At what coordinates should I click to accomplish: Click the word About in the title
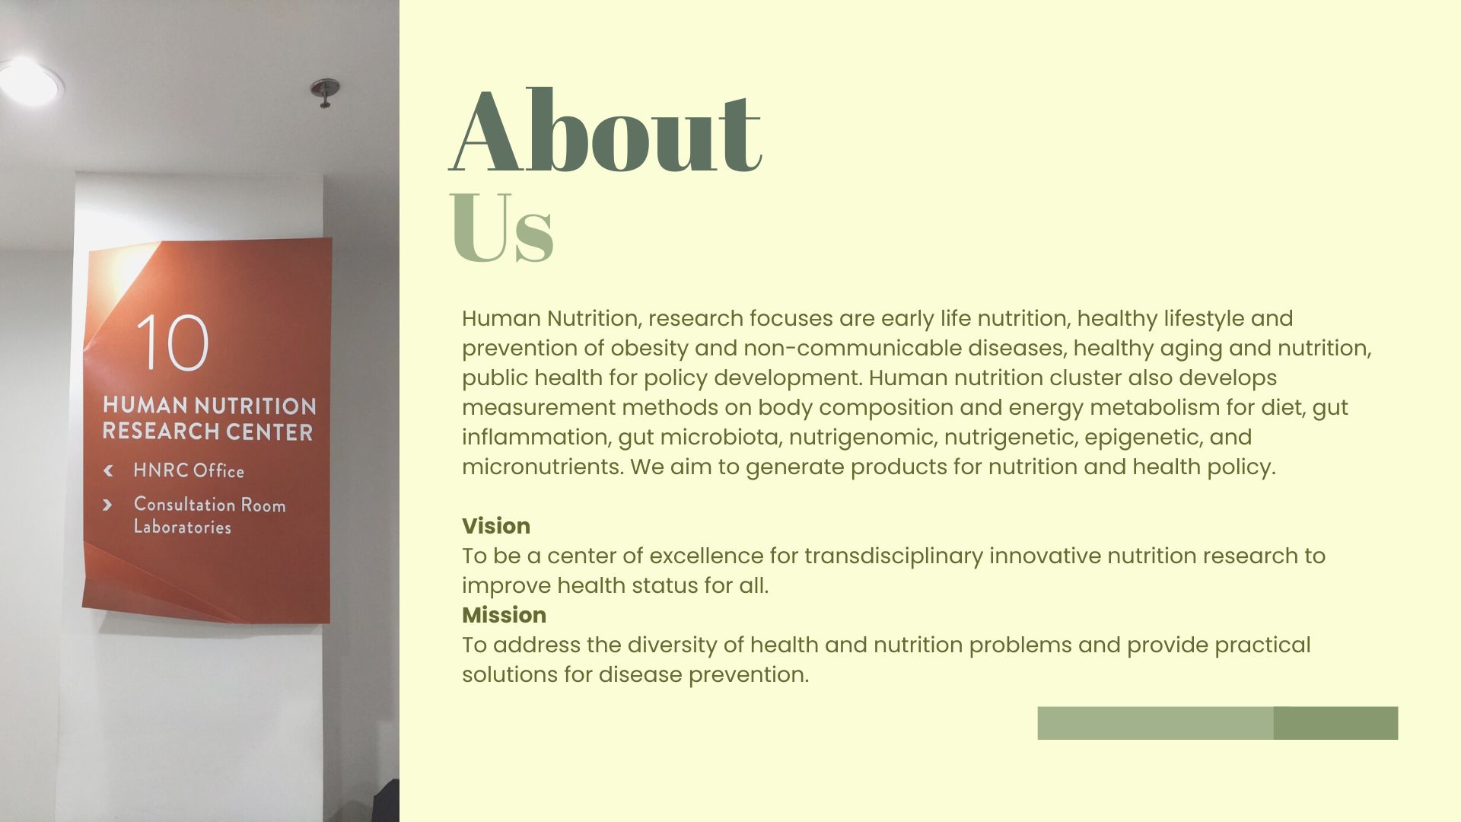[606, 131]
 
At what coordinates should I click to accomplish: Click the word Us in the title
[501, 227]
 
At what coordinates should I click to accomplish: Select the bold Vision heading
[496, 526]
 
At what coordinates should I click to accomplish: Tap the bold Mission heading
[504, 615]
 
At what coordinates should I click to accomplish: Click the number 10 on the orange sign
[173, 342]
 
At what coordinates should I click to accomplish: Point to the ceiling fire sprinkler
[325, 92]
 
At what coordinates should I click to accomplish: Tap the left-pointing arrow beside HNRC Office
[108, 470]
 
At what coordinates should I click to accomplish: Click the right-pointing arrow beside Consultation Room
[107, 505]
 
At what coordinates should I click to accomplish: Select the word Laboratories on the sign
[183, 527]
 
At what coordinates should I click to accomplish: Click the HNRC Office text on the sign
[189, 470]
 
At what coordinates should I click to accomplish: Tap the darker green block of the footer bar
[1335, 723]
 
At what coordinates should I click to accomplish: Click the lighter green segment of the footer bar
[1155, 723]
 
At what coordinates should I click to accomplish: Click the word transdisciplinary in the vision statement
[894, 556]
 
